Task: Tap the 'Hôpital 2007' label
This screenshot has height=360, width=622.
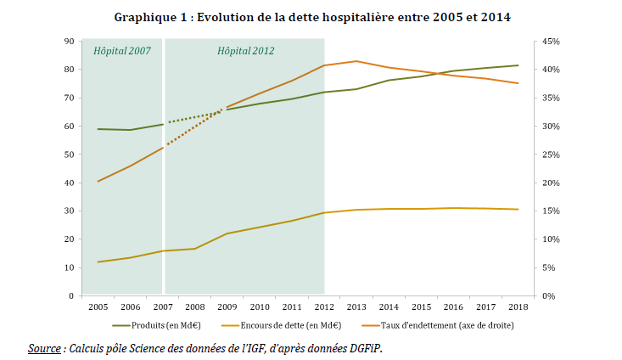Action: pyautogui.click(x=121, y=51)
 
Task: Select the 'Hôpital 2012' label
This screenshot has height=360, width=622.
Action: pyautogui.click(x=245, y=51)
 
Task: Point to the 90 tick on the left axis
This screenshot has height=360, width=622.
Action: pyautogui.click(x=68, y=41)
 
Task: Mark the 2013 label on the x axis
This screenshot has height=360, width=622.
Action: pyautogui.click(x=356, y=307)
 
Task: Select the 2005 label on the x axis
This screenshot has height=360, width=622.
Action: pyautogui.click(x=98, y=307)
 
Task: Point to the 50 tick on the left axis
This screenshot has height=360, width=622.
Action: pyautogui.click(x=68, y=155)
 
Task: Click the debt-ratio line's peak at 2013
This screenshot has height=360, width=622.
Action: pyautogui.click(x=356, y=61)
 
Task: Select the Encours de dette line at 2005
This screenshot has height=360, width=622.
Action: pyautogui.click(x=98, y=262)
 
